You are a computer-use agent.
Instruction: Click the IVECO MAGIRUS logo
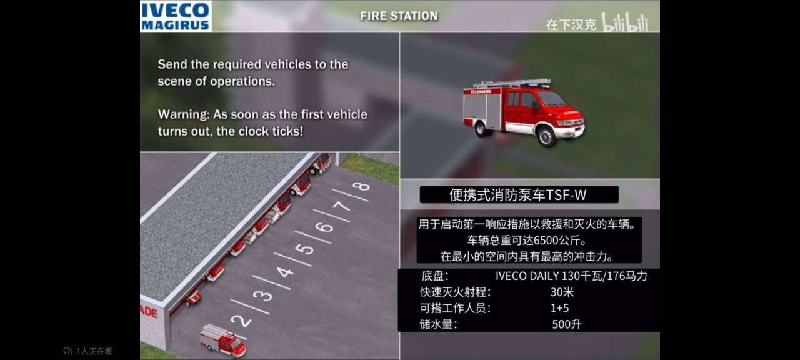(176, 16)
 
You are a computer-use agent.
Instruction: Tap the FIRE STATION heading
(399, 16)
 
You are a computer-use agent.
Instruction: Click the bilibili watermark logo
(624, 22)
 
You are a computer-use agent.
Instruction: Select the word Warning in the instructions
(184, 114)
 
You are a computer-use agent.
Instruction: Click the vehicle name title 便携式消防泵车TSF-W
(518, 195)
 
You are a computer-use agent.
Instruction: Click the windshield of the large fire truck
(552, 99)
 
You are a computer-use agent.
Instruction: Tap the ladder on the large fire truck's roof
(512, 83)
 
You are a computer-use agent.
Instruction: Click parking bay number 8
(361, 186)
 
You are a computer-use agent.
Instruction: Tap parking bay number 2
(241, 321)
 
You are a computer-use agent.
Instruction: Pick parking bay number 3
(263, 296)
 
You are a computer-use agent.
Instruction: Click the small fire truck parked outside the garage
(223, 341)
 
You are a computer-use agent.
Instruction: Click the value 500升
(567, 324)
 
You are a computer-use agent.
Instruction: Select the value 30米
(562, 292)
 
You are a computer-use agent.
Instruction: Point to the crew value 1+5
(559, 308)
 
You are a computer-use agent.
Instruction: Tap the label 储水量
(438, 324)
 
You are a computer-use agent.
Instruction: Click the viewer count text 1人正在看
(94, 351)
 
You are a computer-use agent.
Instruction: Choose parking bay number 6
(324, 227)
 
